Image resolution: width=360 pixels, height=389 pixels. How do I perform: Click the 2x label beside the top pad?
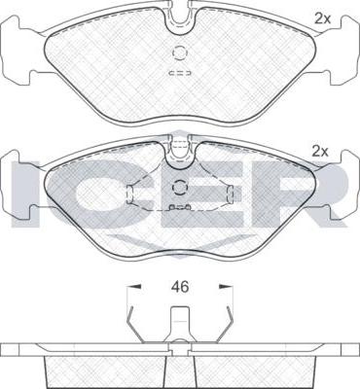click(322, 17)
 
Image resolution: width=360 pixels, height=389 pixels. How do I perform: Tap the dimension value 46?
click(178, 289)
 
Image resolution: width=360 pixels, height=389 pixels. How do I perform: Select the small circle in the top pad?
click(178, 54)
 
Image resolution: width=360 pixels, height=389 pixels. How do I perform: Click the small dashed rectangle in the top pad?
click(178, 73)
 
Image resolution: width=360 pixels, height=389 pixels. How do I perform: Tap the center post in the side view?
click(179, 326)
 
